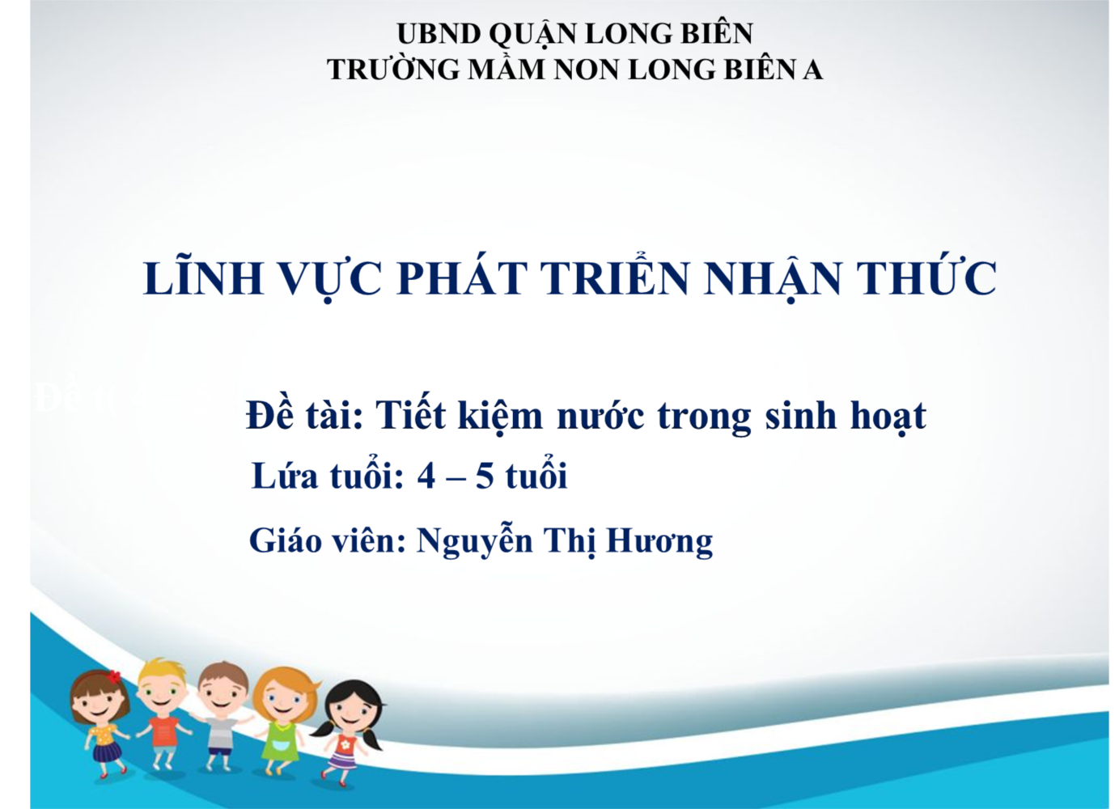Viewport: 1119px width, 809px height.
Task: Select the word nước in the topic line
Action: pos(600,417)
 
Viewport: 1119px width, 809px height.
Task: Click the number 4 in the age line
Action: pos(426,477)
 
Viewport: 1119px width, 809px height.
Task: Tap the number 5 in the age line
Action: pos(484,477)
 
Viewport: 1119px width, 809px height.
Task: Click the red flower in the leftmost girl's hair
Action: pos(114,676)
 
